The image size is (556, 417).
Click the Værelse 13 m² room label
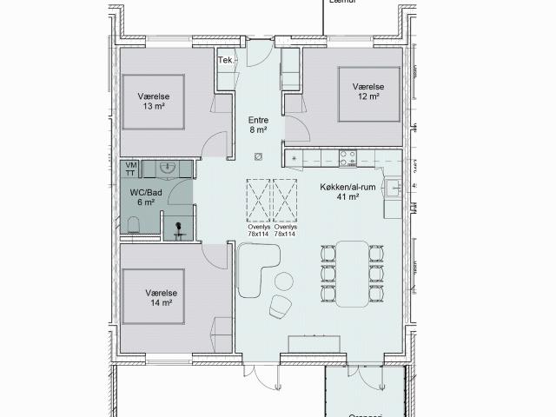tap(152, 102)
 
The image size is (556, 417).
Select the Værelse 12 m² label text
tap(367, 92)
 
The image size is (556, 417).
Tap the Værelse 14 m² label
tap(160, 298)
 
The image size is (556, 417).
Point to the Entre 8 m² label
tap(258, 125)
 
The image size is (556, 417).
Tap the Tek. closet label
tap(225, 60)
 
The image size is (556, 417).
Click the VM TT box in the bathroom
tap(131, 169)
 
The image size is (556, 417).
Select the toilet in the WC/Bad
tap(133, 226)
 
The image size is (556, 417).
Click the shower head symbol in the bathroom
tap(178, 228)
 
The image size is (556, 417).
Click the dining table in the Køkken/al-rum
tap(353, 272)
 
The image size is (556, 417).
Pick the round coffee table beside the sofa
tap(284, 281)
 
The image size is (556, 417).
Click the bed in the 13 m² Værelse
tap(153, 100)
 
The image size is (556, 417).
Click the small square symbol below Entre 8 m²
tap(258, 157)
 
